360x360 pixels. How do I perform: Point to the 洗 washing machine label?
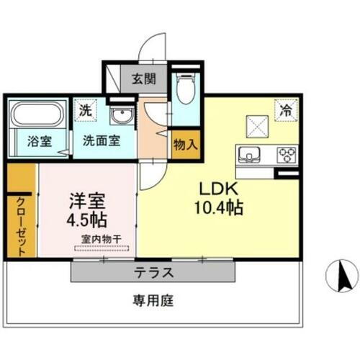[86, 112]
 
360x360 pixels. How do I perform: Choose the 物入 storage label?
[185, 143]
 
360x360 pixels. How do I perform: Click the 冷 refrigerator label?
[286, 111]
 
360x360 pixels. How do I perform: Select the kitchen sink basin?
[251, 154]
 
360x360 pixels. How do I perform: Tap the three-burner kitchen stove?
[286, 154]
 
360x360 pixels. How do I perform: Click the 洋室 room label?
[85, 198]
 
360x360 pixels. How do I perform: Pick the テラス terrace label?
[153, 273]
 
